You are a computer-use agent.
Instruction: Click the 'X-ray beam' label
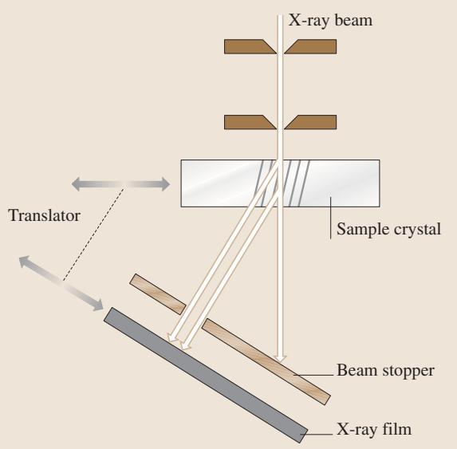tap(330, 21)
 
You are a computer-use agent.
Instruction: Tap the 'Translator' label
tap(45, 216)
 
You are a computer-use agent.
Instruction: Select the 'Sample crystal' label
tap(388, 230)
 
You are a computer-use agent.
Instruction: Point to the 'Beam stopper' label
tap(385, 371)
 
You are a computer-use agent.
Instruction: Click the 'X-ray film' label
tap(374, 429)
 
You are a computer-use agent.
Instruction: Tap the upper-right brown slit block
tap(310, 46)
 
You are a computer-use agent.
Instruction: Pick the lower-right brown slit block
tap(310, 122)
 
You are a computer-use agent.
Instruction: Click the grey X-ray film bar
tap(206, 376)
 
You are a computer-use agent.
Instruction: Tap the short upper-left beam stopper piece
tap(158, 294)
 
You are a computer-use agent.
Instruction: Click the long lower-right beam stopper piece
tap(266, 361)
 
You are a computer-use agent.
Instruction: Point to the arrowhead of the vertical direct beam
tap(280, 359)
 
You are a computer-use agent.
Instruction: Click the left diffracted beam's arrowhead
tap(172, 337)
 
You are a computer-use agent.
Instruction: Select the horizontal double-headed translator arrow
tap(120, 184)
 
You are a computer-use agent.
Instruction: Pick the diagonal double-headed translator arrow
tap(61, 283)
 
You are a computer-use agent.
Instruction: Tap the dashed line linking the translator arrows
tap(93, 234)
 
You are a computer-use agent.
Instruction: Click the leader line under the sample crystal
tap(330, 218)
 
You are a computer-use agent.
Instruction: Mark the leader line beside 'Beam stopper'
tap(313, 375)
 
